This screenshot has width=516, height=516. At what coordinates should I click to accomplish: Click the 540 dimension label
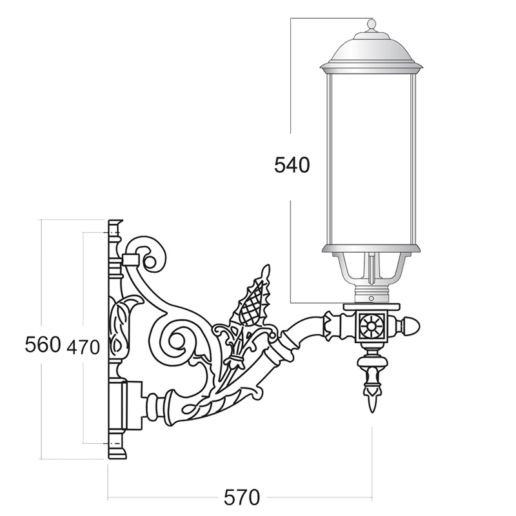coord(292,165)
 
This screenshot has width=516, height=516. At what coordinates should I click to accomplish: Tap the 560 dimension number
coord(43,344)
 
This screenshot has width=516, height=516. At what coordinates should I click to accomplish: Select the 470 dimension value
coord(83,347)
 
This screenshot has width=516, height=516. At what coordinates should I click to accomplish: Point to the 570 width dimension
coord(242,497)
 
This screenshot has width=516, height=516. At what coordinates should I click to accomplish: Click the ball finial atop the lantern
coord(371,25)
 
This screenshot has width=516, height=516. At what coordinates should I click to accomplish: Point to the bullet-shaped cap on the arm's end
coord(408,326)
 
